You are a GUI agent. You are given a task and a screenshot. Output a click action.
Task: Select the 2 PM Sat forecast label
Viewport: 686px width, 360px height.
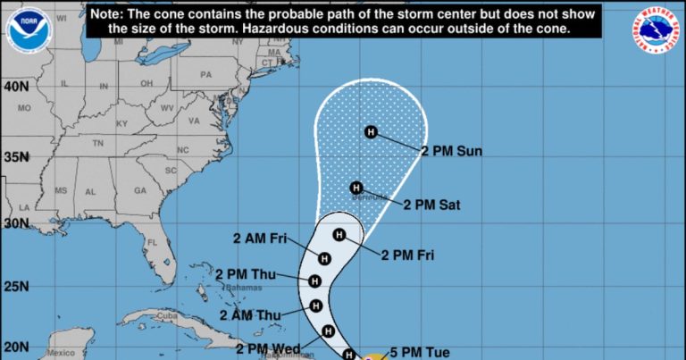(x=431, y=205)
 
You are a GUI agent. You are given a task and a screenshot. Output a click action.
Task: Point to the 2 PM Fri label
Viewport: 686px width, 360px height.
(x=408, y=255)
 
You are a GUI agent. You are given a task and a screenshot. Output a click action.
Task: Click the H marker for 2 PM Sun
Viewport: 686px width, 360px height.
(x=372, y=132)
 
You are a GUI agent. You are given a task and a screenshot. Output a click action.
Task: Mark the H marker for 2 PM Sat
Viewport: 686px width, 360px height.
(x=356, y=188)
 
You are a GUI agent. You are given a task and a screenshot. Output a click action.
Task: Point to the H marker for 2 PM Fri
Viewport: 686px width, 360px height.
(x=339, y=235)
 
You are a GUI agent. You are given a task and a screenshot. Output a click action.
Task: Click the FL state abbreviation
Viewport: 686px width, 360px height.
(x=153, y=243)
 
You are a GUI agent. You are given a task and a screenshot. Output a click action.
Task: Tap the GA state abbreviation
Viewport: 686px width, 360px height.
(x=140, y=190)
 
